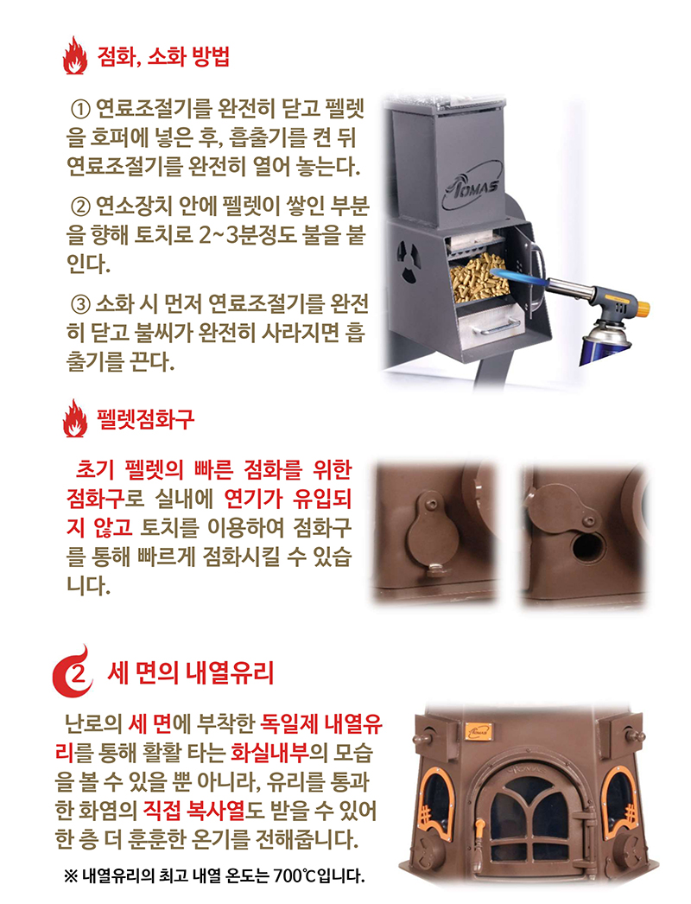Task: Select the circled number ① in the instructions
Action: tap(79, 110)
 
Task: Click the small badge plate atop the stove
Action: tap(479, 730)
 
